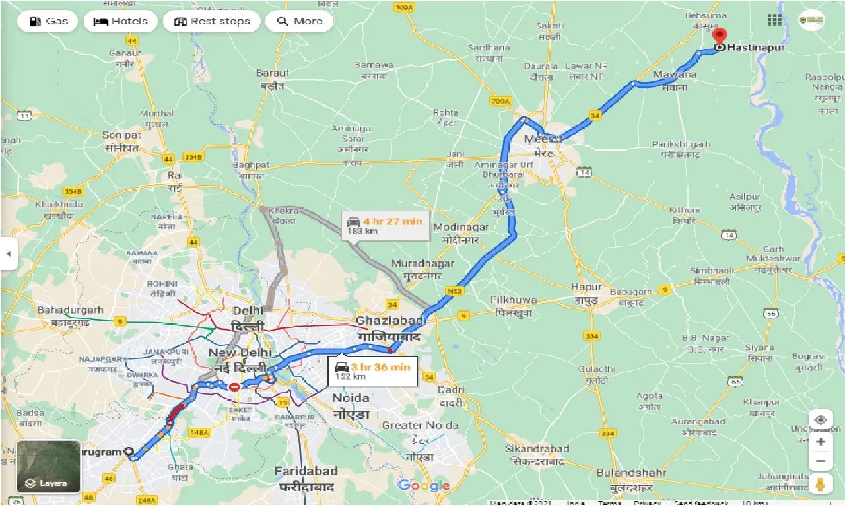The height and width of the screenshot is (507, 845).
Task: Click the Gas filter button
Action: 47,21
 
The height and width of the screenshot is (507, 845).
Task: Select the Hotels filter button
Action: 120,21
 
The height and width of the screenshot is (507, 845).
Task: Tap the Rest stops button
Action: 212,21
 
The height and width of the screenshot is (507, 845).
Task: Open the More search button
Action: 299,21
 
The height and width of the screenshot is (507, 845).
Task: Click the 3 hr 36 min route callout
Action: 373,371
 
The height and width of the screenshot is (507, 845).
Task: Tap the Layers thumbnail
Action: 48,467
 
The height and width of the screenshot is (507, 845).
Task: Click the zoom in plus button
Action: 820,441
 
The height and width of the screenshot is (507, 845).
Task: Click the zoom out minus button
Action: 820,461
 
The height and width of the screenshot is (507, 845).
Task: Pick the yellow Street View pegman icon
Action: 820,485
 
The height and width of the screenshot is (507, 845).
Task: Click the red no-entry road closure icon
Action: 234,387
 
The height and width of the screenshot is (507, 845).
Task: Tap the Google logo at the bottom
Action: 423,486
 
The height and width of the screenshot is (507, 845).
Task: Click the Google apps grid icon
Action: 774,20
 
